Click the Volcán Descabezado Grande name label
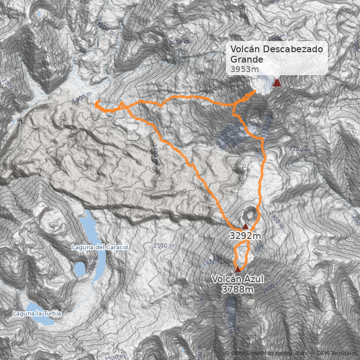276,54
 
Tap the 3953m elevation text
244,69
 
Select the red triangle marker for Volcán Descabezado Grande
277,82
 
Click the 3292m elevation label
245,236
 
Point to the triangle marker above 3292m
245,226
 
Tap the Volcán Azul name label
238,279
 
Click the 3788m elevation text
238,289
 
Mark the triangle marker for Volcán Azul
238,269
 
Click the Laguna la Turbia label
37,313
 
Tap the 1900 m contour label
81,99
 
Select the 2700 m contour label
299,149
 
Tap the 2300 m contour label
9,85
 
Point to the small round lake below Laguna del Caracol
80,269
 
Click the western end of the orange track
96,103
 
